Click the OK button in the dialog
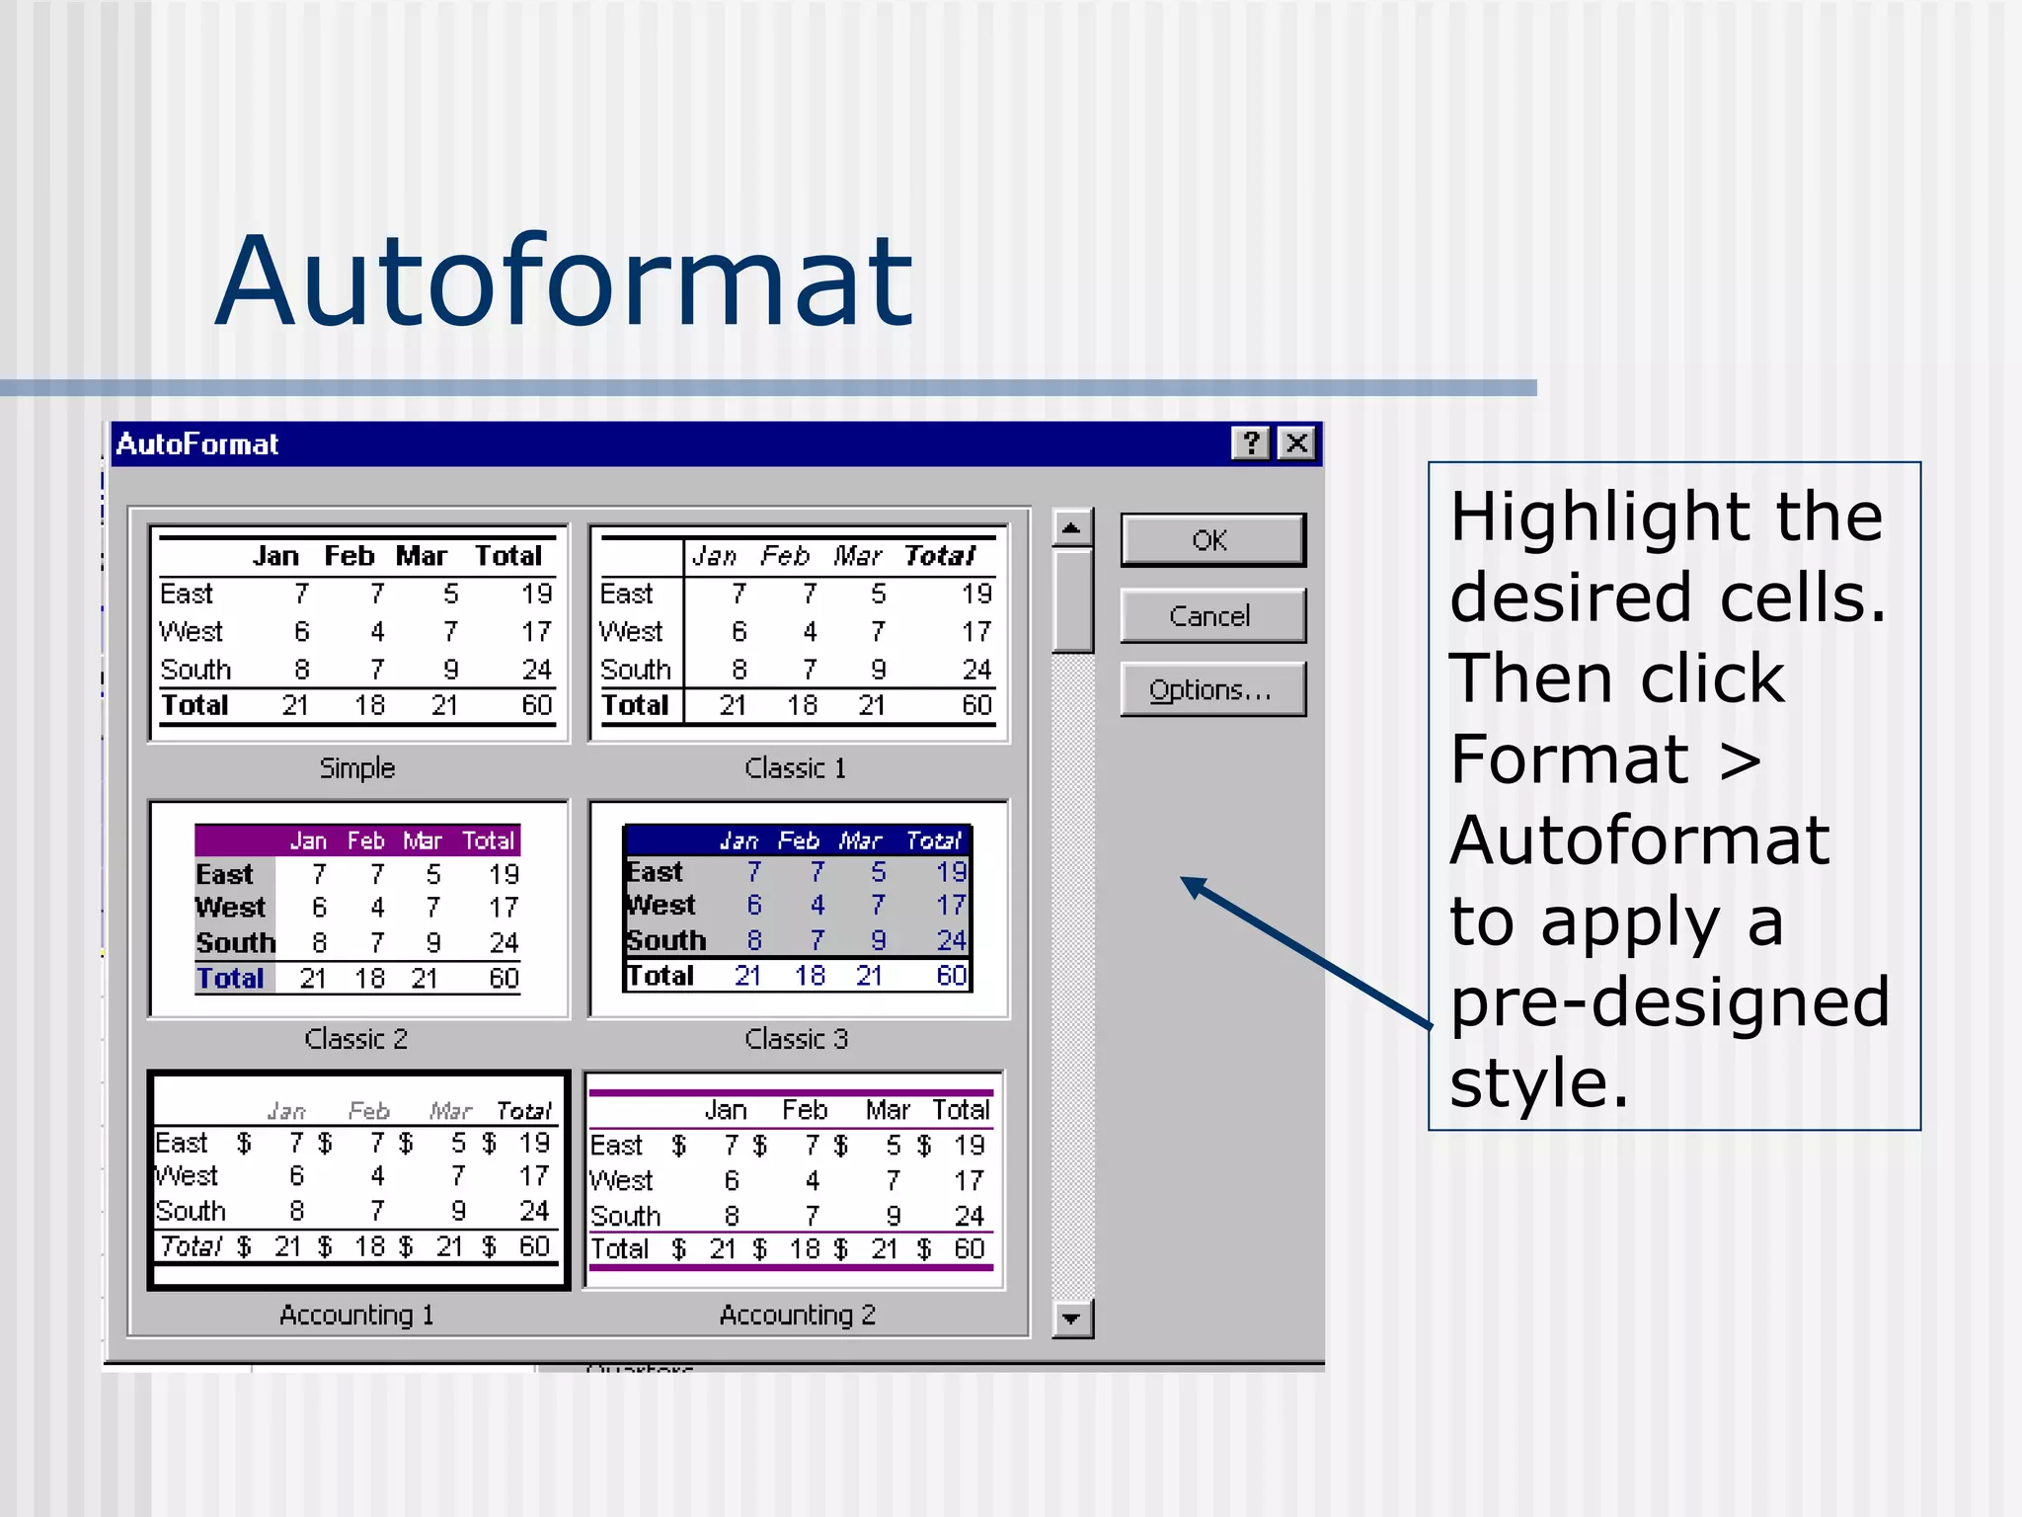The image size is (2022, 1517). pyautogui.click(x=1211, y=540)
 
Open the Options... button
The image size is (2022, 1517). pyautogui.click(x=1211, y=689)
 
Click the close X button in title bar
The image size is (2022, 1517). pyautogui.click(x=1296, y=443)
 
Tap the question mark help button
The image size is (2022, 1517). pyautogui.click(x=1251, y=443)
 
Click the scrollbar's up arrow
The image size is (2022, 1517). pyautogui.click(x=1071, y=527)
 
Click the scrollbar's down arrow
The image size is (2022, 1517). pyautogui.click(x=1071, y=1318)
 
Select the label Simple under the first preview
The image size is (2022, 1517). pyautogui.click(x=356, y=768)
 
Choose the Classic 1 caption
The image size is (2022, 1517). pyautogui.click(x=795, y=768)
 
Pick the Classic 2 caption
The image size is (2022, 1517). pyautogui.click(x=355, y=1039)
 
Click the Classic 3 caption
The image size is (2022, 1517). pyautogui.click(x=796, y=1039)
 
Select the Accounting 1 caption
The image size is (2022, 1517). pyautogui.click(x=355, y=1316)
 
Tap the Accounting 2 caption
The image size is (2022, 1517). pyautogui.click(x=797, y=1316)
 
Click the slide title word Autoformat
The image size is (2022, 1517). pyautogui.click(x=564, y=281)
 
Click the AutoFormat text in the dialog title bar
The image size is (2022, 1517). pyautogui.click(x=197, y=444)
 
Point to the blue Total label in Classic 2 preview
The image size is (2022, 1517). pyautogui.click(x=230, y=979)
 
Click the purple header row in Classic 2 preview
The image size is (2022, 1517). pyautogui.click(x=356, y=840)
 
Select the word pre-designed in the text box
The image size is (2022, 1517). pyautogui.click(x=1669, y=1002)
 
